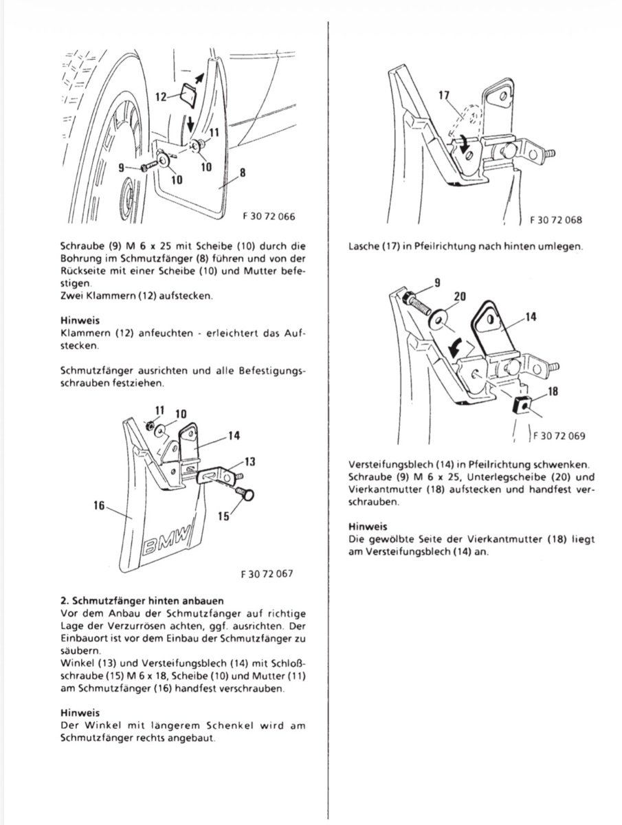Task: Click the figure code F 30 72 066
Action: [268, 216]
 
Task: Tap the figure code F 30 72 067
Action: [268, 573]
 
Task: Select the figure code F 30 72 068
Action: [555, 221]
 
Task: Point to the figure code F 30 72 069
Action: [557, 435]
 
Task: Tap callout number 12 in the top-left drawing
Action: [160, 97]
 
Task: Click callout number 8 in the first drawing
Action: [242, 173]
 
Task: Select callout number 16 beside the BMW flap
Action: [100, 505]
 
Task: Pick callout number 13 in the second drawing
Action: [249, 461]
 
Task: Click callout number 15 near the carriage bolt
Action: [223, 516]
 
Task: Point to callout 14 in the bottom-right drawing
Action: [531, 318]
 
